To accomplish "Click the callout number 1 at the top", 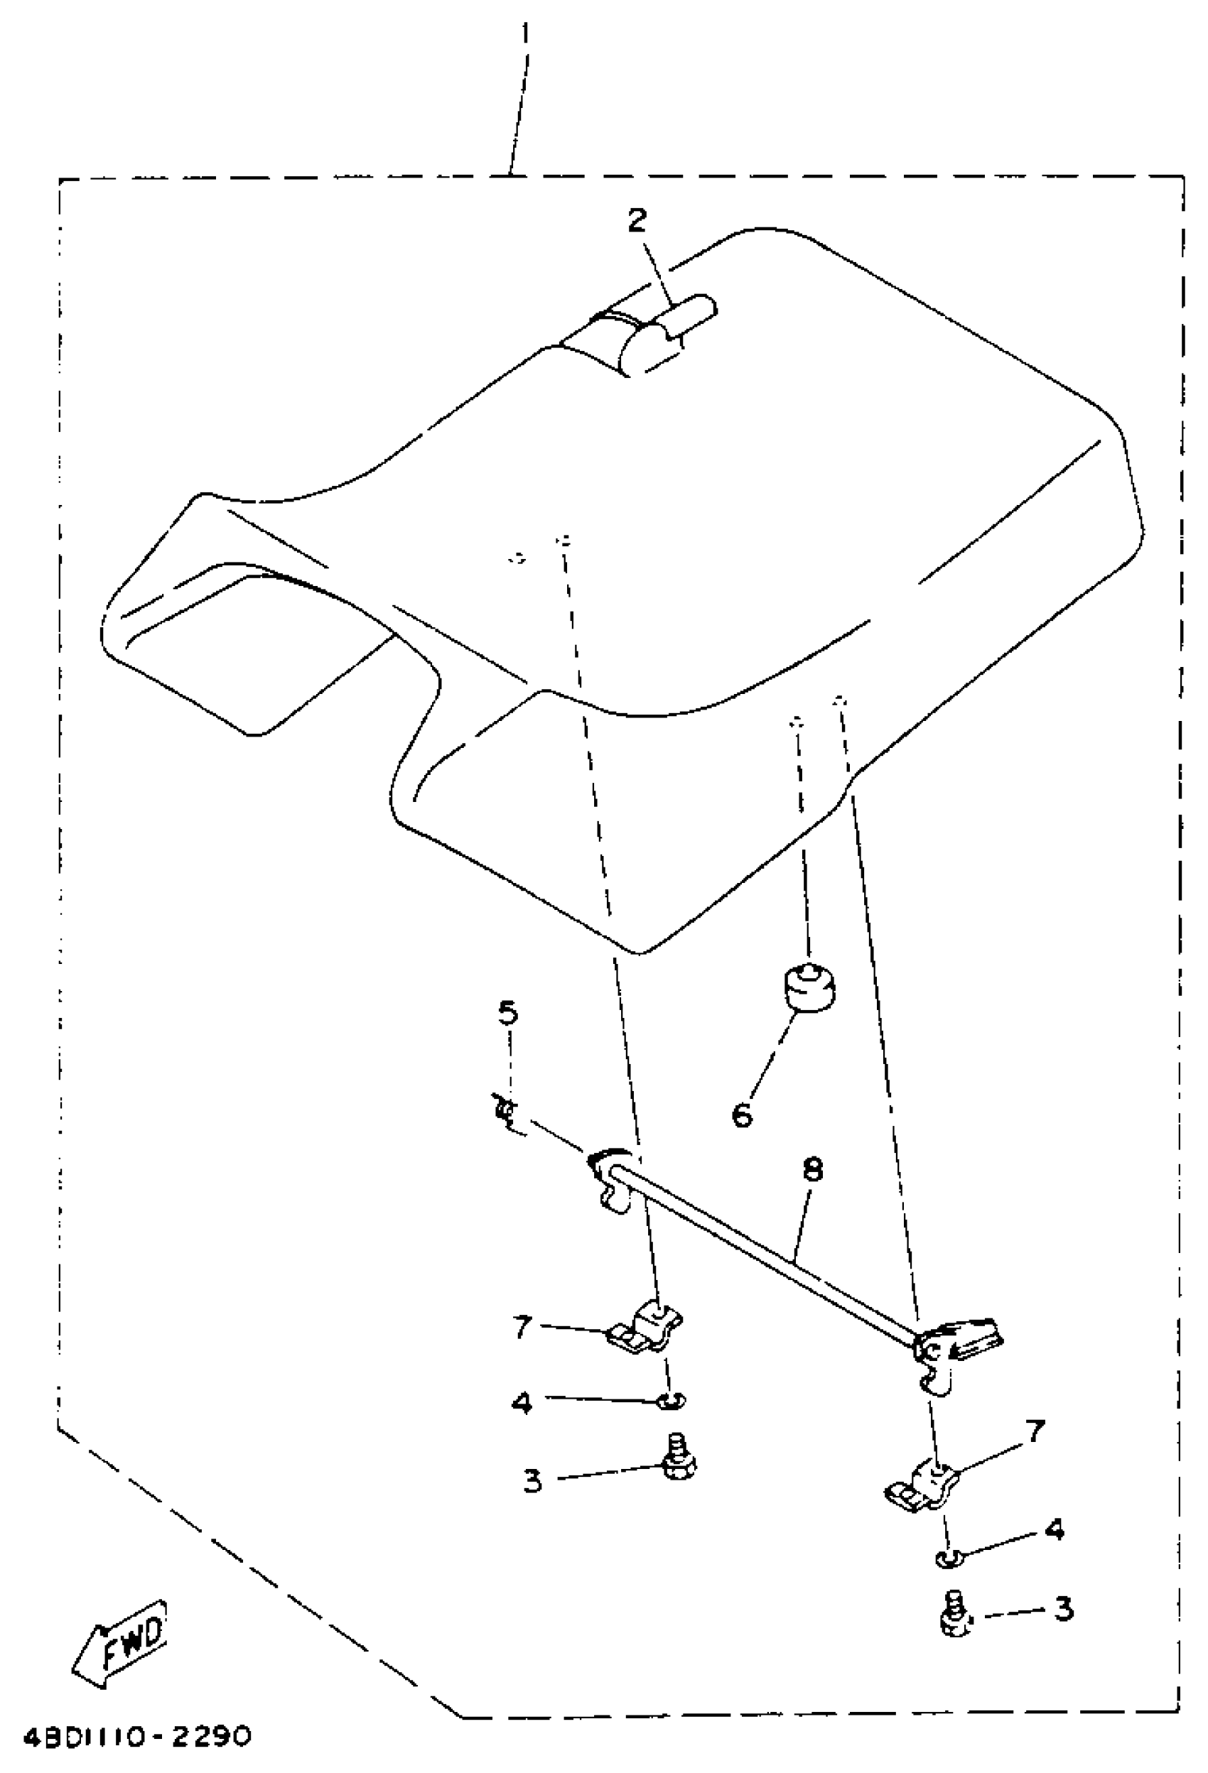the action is tap(525, 34).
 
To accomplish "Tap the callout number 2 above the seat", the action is tap(637, 220).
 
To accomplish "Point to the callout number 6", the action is tap(742, 1115).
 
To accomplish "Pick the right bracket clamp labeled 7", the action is tap(923, 1483).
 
